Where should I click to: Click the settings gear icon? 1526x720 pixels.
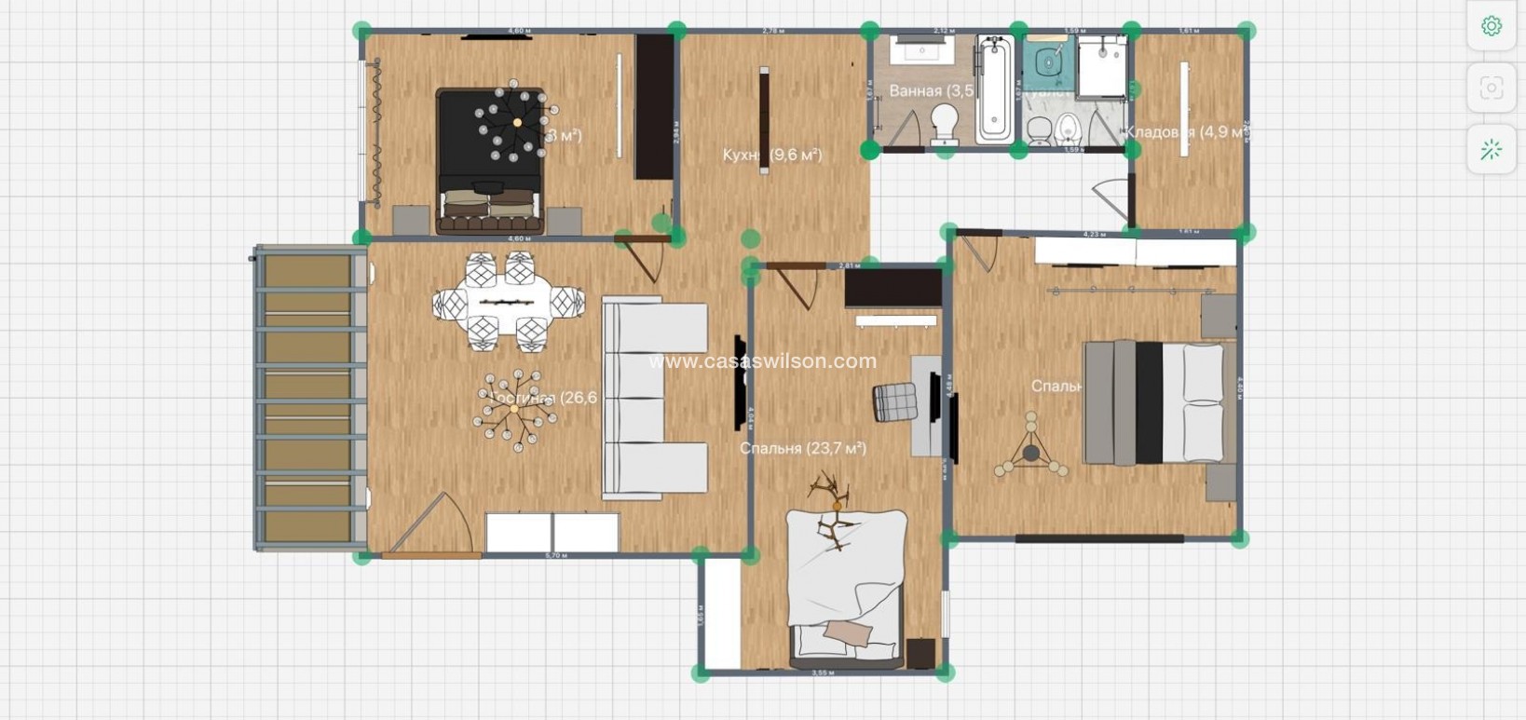[1491, 26]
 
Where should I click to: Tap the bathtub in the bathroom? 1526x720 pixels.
[994, 89]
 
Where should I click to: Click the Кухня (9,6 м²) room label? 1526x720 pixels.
[772, 155]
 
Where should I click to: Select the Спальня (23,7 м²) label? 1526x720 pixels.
[802, 448]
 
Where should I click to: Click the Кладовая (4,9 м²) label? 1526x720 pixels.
[1185, 132]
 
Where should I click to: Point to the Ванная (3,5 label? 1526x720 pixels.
[930, 90]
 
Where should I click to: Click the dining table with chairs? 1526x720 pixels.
[508, 303]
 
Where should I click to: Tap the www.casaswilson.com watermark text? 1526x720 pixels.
[762, 361]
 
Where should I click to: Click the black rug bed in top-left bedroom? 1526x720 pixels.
[490, 158]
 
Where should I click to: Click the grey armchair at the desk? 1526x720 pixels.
[894, 402]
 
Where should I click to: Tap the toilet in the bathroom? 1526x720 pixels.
[945, 122]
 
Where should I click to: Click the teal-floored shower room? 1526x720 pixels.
[1049, 62]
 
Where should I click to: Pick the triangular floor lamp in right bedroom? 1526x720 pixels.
[1030, 450]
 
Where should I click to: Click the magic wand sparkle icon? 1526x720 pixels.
[1491, 149]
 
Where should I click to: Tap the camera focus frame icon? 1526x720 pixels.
[1491, 88]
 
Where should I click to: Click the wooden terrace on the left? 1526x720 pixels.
[307, 399]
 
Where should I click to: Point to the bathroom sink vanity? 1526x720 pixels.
[920, 50]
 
